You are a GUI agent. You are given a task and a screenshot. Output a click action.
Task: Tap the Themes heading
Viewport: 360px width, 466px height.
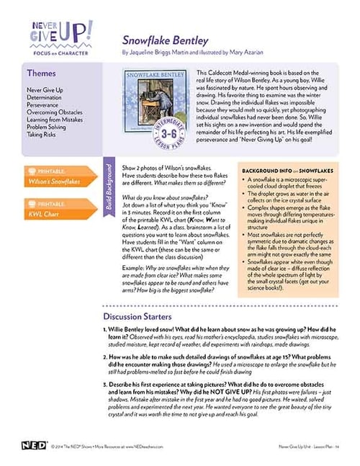pos(41,73)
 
